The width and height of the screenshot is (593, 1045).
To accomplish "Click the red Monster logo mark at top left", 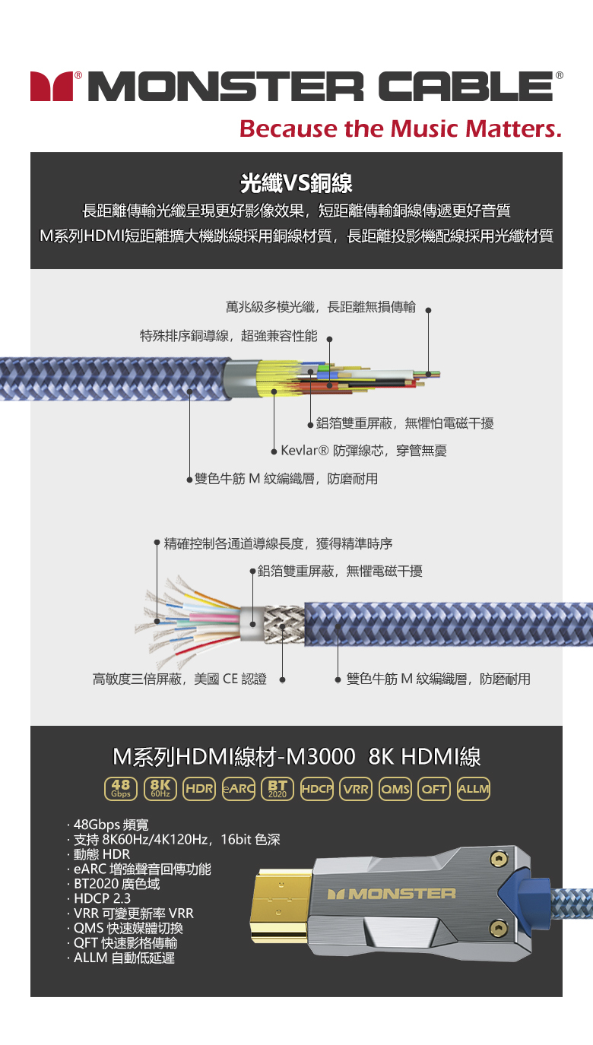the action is coord(50,87).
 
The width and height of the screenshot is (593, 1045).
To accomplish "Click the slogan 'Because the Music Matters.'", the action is coord(400,128).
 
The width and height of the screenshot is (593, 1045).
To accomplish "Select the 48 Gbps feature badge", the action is coord(120,789).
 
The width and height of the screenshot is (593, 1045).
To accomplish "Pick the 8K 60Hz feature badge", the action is coord(160,789).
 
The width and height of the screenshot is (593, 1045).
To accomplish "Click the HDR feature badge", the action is coord(199,789).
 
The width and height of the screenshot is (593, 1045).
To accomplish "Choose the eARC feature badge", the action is coord(238,789).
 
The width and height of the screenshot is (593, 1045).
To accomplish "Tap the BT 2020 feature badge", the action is coord(277,789).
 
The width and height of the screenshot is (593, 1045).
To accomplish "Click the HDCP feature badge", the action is coord(317,789).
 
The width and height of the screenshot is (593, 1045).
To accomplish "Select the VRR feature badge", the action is coord(356,789).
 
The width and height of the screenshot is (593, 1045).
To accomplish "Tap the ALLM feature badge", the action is coord(474,789).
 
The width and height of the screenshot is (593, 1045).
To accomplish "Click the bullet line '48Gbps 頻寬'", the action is coord(111,825).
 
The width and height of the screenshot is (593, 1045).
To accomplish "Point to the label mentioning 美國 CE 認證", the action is coord(179,679).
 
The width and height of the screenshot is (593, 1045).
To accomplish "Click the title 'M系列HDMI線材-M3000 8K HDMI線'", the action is coord(296,757).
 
